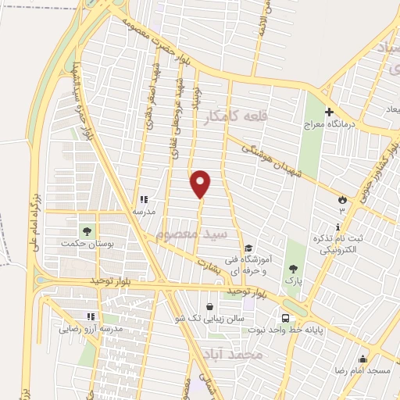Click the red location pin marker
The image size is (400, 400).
pos(202,184)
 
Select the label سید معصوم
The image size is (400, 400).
pos(191,234)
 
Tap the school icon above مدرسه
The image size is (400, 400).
pos(143,199)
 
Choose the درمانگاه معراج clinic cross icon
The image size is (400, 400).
pos(329,112)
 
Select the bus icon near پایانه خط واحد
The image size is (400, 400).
pos(286,318)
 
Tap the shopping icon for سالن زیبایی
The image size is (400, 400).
pos(209,307)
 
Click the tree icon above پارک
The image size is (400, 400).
pos(291,266)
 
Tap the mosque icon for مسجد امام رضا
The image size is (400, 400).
pos(362,359)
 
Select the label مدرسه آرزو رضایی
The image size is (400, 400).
pos(91,329)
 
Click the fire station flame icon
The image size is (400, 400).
pos(341,201)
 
